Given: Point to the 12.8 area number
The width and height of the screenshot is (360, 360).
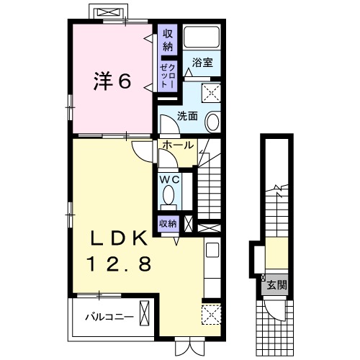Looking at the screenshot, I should pyautogui.click(x=119, y=265).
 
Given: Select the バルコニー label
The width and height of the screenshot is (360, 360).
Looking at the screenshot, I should pyautogui.click(x=107, y=315).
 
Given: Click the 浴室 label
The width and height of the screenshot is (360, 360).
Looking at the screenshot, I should pyautogui.click(x=202, y=63).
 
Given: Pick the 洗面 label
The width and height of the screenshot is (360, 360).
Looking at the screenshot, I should pyautogui.click(x=189, y=114).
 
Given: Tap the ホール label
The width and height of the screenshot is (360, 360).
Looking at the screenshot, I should pyautogui.click(x=176, y=145).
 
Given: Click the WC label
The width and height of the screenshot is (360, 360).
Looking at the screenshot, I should pyautogui.click(x=169, y=179).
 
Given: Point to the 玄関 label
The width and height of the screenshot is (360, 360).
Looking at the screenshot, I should pyautogui.click(x=277, y=285).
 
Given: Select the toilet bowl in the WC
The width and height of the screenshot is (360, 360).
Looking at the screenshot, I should pyautogui.click(x=169, y=195).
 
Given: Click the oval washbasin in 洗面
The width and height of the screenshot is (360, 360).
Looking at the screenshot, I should pyautogui.click(x=214, y=122).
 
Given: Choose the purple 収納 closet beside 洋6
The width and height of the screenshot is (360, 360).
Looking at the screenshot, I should pyautogui.click(x=168, y=41).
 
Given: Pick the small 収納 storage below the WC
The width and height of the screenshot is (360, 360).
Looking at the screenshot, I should pyautogui.click(x=168, y=223).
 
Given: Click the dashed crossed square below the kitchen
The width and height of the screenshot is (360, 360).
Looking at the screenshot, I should pyautogui.click(x=212, y=313).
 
